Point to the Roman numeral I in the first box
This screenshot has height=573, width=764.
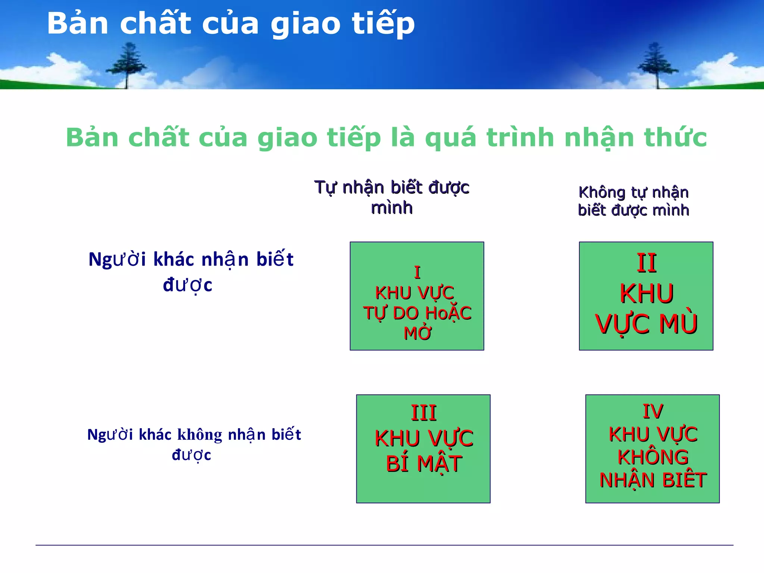coord(417,273)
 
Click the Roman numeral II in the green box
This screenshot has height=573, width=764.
coord(646,263)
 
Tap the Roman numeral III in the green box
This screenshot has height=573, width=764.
coord(423,413)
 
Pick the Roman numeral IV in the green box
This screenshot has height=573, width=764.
coord(653,411)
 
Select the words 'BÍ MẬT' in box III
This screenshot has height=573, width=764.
coord(424,464)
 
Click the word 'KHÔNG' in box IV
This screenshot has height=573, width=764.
coord(653,457)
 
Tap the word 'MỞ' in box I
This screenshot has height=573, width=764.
coord(417,333)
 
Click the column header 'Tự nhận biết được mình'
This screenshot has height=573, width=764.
coord(392,197)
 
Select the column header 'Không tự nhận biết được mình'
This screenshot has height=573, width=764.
coord(633,201)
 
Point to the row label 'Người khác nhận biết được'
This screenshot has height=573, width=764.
coord(191,272)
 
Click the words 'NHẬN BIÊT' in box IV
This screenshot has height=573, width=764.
coord(653,480)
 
